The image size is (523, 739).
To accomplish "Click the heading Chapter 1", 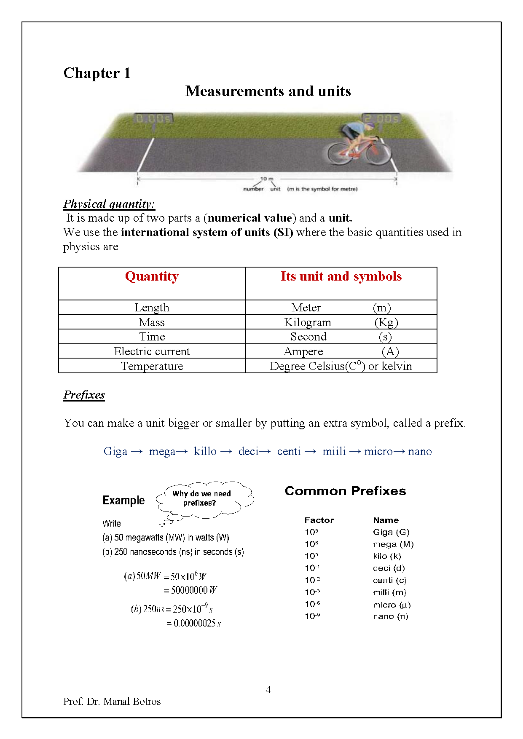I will (97, 73).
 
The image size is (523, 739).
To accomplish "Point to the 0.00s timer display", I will (153, 119).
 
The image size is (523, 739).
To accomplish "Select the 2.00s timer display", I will (381, 119).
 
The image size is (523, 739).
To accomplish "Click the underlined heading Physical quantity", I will (109, 204).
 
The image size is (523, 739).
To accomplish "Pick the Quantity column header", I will (152, 276).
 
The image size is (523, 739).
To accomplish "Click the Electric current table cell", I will (152, 351).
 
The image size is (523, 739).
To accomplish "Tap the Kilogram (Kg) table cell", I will (341, 322).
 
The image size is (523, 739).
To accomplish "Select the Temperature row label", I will (152, 366).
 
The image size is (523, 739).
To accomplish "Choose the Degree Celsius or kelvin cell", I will (341, 366).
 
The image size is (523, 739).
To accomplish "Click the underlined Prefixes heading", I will (84, 395).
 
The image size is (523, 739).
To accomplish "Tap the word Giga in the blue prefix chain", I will (115, 451).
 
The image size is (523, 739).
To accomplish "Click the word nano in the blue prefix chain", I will (420, 451).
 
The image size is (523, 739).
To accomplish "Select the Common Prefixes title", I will (345, 491).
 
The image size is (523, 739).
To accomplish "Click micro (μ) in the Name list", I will (392, 605).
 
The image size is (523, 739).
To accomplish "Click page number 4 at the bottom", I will (268, 690).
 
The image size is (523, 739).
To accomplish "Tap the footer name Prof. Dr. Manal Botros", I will (112, 702).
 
